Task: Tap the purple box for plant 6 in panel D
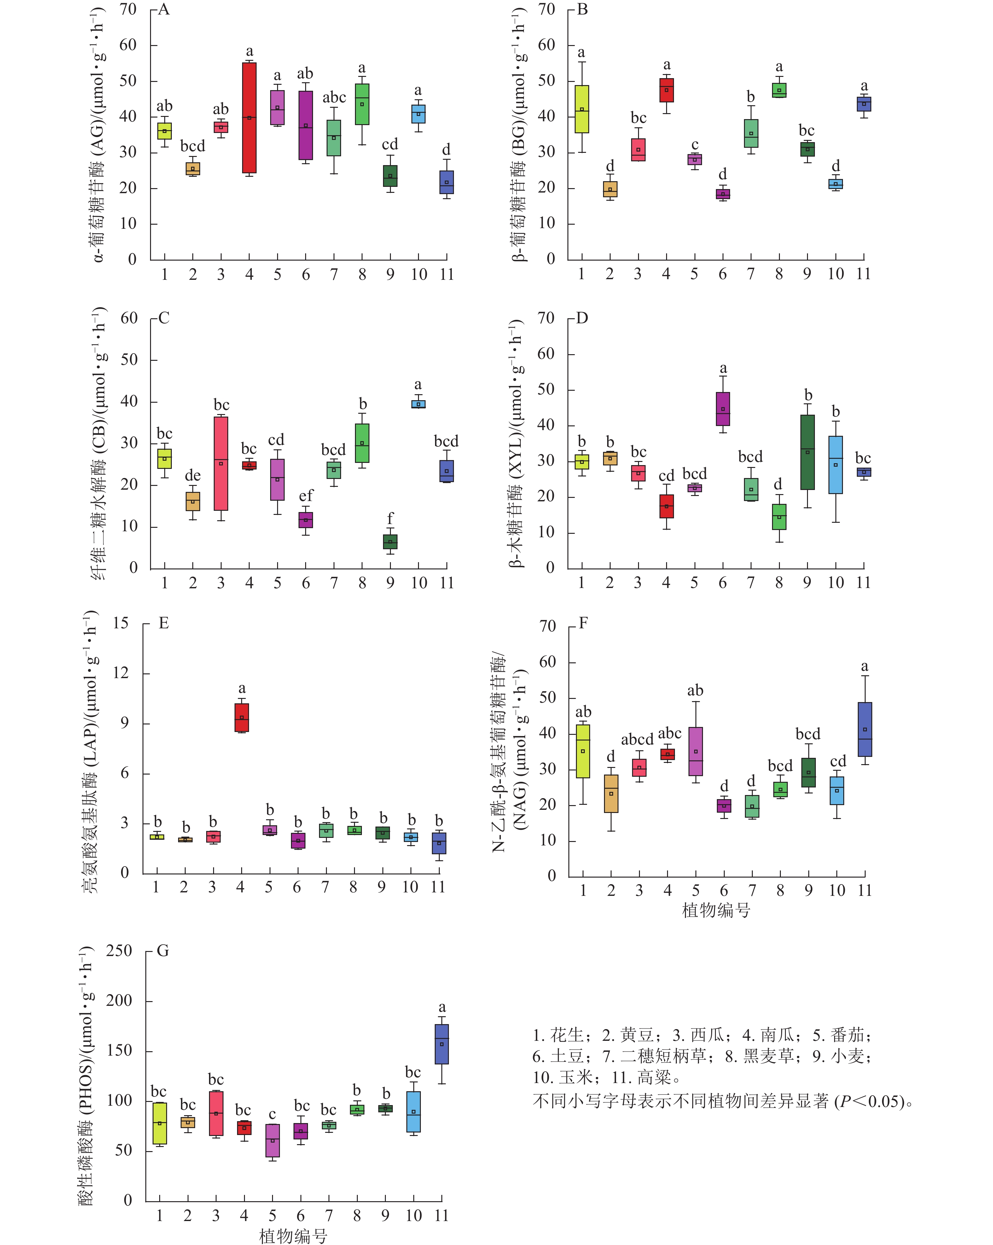pos(723,409)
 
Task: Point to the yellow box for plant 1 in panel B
pos(582,109)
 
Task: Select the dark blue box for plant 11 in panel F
pos(865,729)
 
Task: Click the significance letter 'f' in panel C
pos(390,519)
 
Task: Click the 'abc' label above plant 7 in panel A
pos(334,98)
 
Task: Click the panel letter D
pos(582,318)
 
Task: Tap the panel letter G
pos(163,951)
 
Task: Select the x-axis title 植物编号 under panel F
pos(716,911)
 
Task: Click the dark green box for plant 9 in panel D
pos(808,452)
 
